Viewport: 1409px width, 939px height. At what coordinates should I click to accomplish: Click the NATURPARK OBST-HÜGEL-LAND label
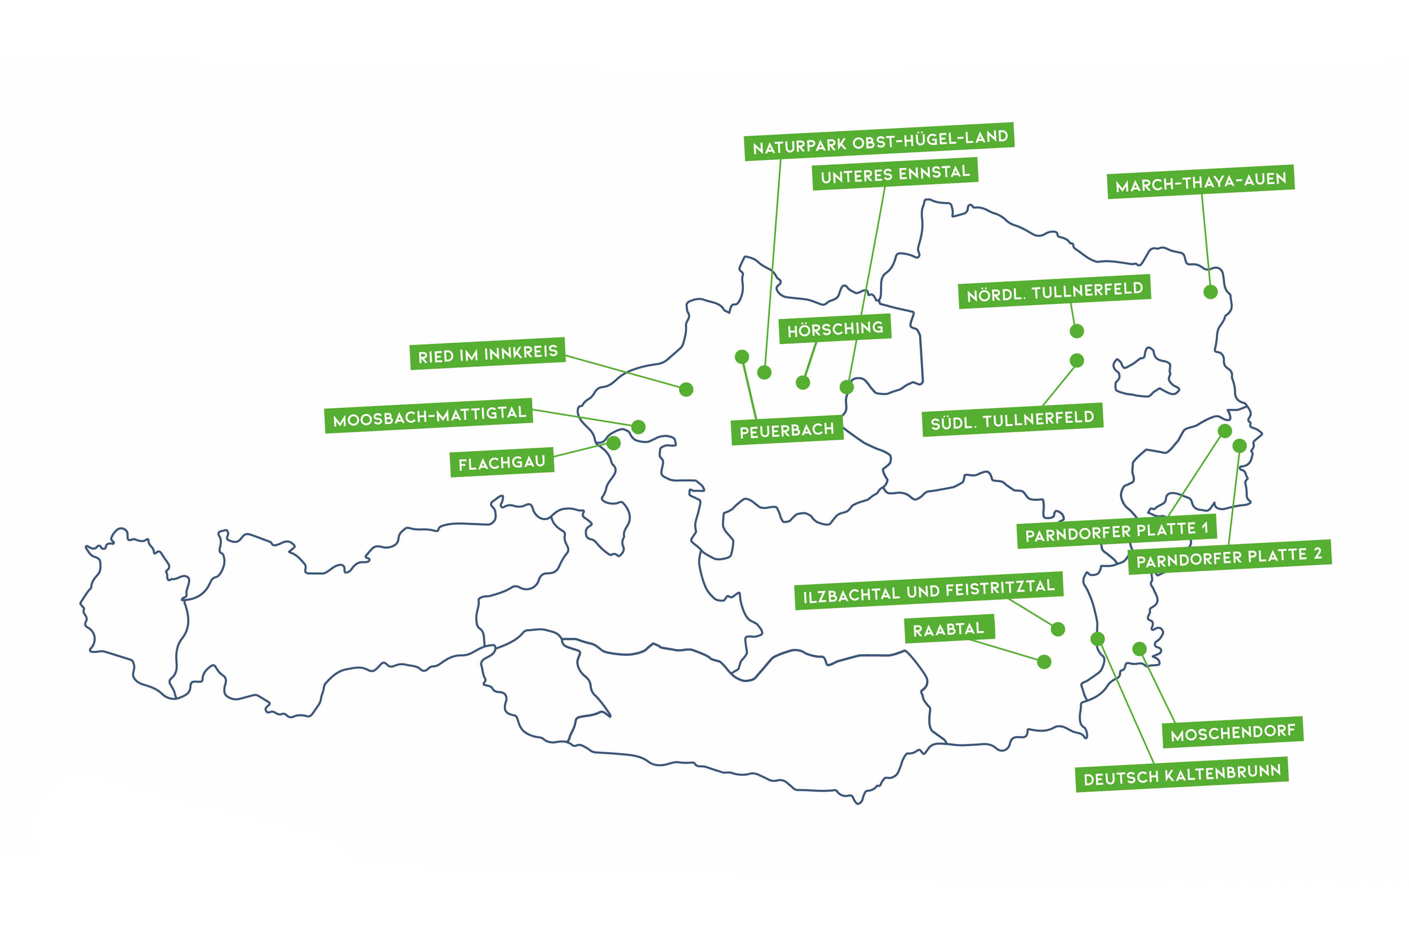coord(879,141)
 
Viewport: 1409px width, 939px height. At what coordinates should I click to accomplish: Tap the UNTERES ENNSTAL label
coord(895,174)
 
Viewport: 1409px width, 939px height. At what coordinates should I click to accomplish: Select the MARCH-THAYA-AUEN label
coord(1201,181)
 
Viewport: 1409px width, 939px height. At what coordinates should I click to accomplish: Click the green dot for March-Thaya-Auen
coord(1210,292)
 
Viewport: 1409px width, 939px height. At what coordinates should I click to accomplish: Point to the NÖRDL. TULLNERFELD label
coord(1054,291)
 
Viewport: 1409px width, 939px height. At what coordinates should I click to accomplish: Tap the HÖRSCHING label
coord(835,329)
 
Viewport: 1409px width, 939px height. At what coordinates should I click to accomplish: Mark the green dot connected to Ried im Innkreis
coord(686,390)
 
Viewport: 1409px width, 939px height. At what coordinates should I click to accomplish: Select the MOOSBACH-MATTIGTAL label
coord(429,416)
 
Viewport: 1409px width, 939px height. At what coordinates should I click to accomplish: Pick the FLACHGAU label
coord(502,462)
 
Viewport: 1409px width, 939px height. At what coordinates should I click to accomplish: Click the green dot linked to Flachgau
coord(614,443)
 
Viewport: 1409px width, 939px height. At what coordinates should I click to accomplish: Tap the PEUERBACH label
coord(787,430)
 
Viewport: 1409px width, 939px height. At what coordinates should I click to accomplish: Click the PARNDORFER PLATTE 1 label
coord(1116,531)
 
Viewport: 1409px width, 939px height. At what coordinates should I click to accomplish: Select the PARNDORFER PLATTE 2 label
coord(1229,558)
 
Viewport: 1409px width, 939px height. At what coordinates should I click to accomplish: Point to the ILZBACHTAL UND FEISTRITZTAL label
coord(929,591)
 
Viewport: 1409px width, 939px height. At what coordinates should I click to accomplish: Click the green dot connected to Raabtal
coord(1044,662)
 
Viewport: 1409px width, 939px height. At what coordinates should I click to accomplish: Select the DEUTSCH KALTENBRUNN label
coord(1182,775)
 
